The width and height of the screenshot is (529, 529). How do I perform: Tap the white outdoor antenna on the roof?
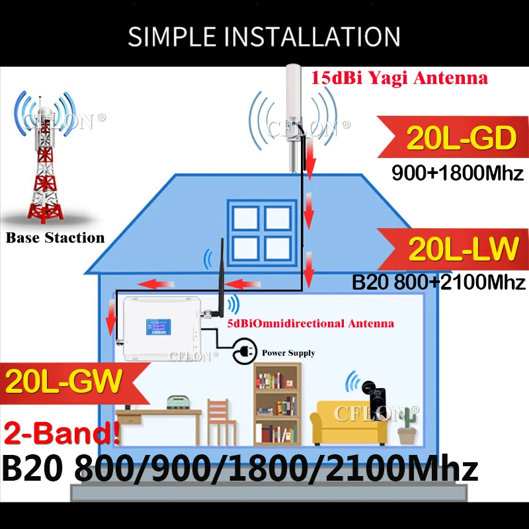[294, 118]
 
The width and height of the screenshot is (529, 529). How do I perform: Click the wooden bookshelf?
[277, 404]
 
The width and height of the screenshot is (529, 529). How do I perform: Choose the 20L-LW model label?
[464, 249]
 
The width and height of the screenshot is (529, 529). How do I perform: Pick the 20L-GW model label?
[63, 382]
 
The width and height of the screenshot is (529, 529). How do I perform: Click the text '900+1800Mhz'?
[458, 173]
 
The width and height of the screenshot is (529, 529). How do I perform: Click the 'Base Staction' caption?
[55, 237]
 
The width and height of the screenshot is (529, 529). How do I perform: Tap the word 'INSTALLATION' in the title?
[311, 36]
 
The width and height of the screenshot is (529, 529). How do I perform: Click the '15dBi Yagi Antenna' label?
[399, 78]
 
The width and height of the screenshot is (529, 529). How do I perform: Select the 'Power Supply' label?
[288, 353]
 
